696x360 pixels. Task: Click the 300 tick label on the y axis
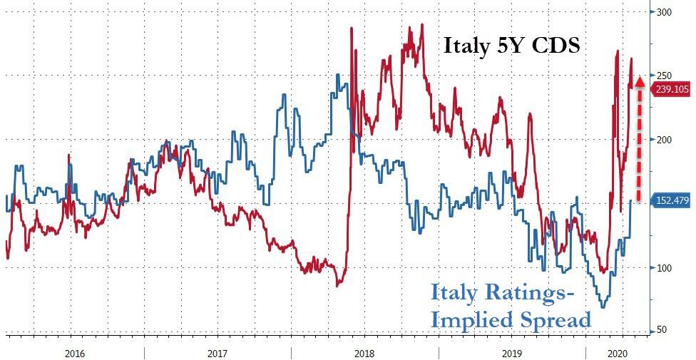(x=665, y=12)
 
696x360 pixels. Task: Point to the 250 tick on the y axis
(x=665, y=76)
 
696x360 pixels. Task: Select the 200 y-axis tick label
(x=665, y=140)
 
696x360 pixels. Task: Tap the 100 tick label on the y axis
(x=665, y=267)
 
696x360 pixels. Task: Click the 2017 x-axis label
(x=217, y=351)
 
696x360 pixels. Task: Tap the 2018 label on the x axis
(x=364, y=351)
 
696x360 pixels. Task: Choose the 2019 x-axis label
(x=511, y=351)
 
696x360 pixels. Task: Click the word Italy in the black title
(x=467, y=46)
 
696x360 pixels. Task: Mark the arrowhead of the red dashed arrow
(x=640, y=82)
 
